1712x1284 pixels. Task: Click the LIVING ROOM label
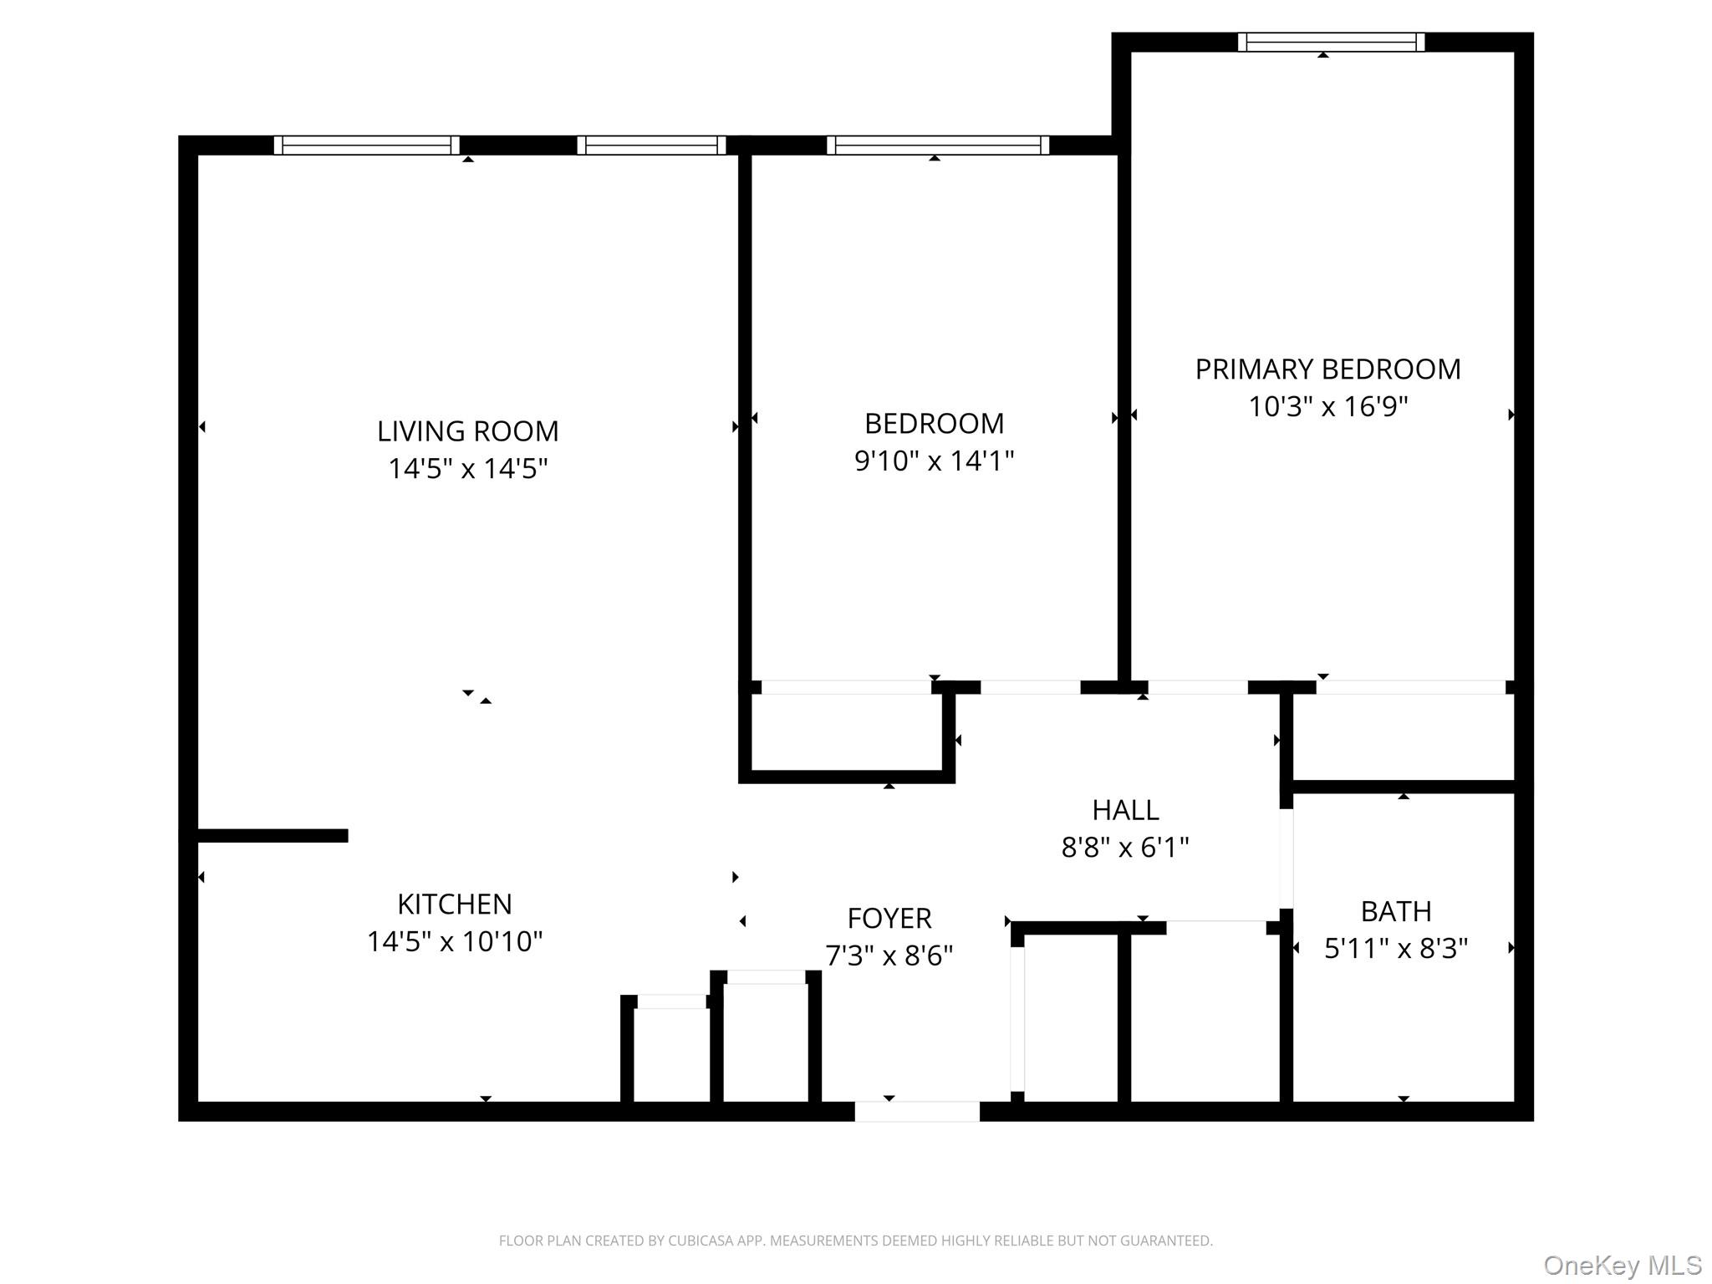467,431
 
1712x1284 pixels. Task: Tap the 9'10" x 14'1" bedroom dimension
934,461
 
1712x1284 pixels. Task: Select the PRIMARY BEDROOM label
1327,369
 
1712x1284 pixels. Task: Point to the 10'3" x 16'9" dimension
1327,407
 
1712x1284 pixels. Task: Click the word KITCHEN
454,904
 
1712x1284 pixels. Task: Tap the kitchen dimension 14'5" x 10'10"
454,942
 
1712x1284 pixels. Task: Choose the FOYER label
889,919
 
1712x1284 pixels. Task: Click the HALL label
1125,810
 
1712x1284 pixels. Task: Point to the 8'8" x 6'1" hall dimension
1125,848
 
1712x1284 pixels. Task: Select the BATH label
1395,911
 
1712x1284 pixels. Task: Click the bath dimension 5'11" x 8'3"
1395,949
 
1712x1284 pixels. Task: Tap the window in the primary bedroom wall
1331,42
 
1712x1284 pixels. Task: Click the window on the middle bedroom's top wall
938,145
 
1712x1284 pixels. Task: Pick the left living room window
366,145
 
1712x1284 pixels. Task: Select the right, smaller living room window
651,145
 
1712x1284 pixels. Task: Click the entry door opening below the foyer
916,1111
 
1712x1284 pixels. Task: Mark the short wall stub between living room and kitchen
273,835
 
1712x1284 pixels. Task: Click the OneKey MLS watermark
1622,1266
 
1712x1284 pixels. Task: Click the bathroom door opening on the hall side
1286,859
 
